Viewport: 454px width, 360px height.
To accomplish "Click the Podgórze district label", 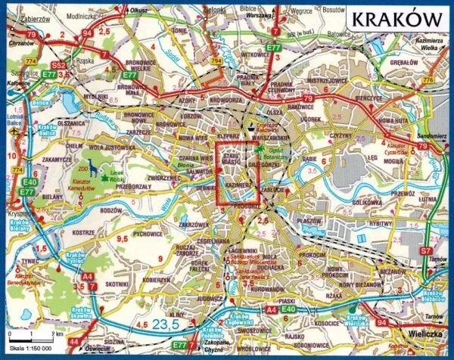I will (249, 204).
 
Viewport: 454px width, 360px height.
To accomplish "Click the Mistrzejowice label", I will (327, 79).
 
